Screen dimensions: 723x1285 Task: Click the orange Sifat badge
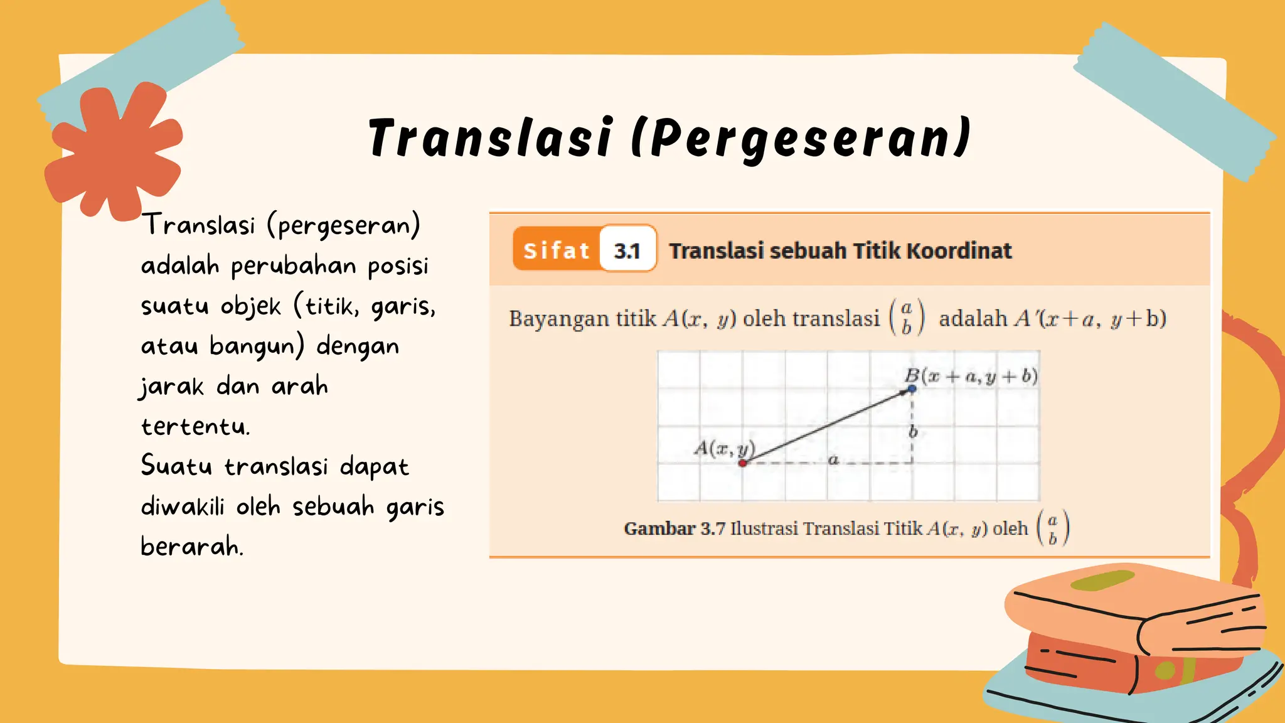click(x=556, y=250)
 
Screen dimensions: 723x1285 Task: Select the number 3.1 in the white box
click(x=627, y=250)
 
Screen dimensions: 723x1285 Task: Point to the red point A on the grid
click(x=742, y=463)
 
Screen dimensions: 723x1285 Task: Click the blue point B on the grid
click(x=912, y=389)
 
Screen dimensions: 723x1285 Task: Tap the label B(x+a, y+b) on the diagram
click(x=971, y=376)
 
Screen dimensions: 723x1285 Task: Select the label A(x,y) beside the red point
click(x=723, y=448)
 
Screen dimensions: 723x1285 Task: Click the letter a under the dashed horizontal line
click(x=833, y=460)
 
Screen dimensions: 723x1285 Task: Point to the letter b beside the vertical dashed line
click(x=914, y=431)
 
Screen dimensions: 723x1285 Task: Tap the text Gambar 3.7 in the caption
click(x=674, y=528)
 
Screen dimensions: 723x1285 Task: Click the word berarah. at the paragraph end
click(x=191, y=547)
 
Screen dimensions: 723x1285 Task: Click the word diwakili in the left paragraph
click(x=182, y=506)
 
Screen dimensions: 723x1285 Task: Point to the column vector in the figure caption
click(x=1053, y=528)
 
